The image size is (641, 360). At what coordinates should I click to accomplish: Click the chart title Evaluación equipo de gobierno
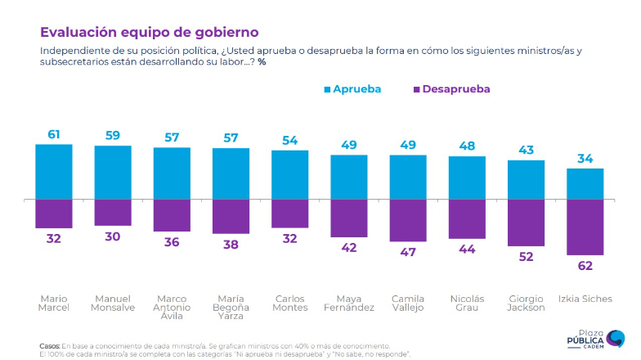click(x=150, y=32)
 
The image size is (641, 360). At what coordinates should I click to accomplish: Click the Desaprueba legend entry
click(x=451, y=88)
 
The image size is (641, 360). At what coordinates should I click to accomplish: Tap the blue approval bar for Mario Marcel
click(x=54, y=171)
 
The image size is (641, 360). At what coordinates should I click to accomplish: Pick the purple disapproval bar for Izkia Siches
click(x=585, y=227)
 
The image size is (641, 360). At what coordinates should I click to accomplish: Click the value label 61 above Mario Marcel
click(x=54, y=133)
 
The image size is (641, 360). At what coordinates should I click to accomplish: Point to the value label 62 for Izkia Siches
click(x=585, y=266)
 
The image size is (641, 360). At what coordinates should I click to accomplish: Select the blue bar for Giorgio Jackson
click(x=526, y=179)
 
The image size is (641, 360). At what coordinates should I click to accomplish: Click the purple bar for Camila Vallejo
click(x=408, y=220)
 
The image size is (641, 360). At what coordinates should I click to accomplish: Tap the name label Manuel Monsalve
click(x=113, y=302)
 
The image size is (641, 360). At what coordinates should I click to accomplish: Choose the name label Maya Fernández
click(x=349, y=302)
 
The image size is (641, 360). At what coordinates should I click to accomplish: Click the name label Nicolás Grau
click(x=467, y=302)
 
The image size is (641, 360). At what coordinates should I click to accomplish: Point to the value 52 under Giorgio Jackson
click(x=526, y=257)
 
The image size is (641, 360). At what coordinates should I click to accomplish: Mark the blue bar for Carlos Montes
click(x=289, y=174)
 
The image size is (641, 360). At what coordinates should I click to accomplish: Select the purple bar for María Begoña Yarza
click(x=231, y=216)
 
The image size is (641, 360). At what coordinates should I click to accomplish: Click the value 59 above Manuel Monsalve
click(x=113, y=135)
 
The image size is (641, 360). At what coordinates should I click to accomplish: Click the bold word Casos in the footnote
click(x=49, y=346)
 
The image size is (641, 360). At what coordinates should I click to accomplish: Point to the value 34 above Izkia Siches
click(x=585, y=158)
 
